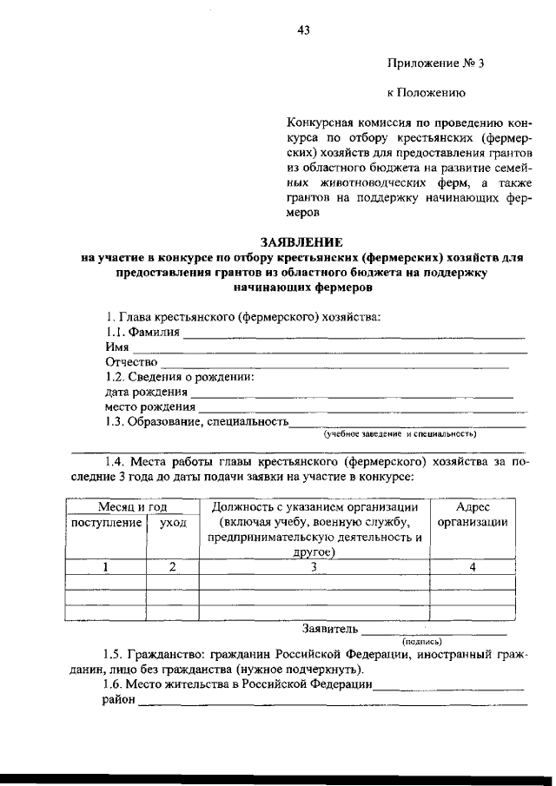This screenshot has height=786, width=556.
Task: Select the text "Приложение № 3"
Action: [x=429, y=63]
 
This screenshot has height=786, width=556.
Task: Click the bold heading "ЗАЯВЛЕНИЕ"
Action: [x=298, y=241]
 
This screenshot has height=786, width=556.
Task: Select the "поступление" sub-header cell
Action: [x=106, y=523]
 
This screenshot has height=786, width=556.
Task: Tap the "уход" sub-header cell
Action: [x=172, y=523]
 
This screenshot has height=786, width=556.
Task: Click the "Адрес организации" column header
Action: [x=473, y=515]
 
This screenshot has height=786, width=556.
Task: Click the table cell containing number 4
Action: [x=473, y=567]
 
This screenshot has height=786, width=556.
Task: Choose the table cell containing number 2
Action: [x=172, y=567]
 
